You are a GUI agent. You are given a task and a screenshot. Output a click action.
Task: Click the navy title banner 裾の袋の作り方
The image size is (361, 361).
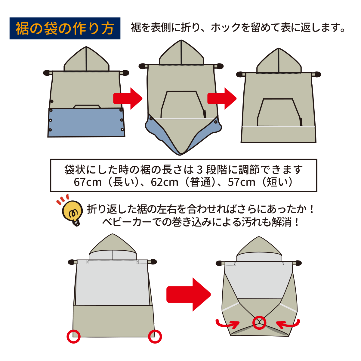pos(65,28)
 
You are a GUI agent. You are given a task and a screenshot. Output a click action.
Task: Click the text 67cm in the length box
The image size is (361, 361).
pos(88,182)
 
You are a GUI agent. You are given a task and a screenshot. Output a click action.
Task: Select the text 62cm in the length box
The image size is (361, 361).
pos(165,182)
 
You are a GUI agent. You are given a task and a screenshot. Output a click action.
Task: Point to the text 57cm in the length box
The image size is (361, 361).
pos(242,182)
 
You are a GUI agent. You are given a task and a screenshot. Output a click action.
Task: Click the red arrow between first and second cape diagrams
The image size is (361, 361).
pos(128,98)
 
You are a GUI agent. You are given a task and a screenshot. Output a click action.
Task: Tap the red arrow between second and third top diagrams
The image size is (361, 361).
pos(222,98)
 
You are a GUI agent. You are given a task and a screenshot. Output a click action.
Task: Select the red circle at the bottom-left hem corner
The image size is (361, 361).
pos(74,336)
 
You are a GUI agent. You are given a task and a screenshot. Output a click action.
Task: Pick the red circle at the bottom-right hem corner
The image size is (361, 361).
pos(155,336)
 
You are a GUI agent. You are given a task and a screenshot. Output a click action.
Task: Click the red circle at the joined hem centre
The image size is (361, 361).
pos(259,322)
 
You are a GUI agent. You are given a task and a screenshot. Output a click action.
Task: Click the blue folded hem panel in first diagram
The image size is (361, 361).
pos(86,122)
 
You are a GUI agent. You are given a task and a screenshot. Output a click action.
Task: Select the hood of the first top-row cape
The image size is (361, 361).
pos(86,60)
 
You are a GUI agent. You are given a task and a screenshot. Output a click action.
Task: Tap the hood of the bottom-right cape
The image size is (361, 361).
pos(259,249)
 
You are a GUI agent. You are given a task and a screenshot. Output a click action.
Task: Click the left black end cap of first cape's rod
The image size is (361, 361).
pos(47,73)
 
